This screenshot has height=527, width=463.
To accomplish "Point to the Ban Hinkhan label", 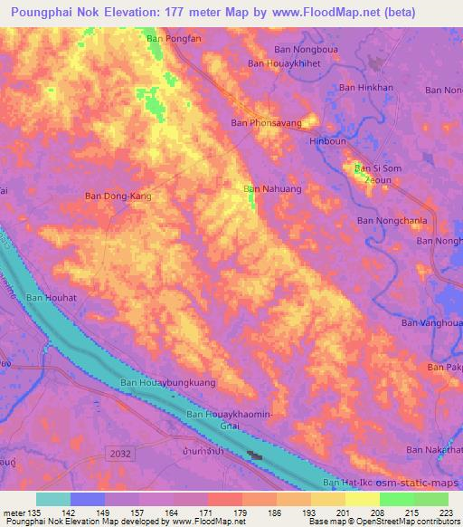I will click(x=366, y=88).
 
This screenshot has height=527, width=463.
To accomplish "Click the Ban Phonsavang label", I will click(x=266, y=122).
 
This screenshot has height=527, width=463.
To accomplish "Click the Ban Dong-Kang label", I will click(x=118, y=196).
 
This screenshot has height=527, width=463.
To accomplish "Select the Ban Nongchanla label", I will click(x=392, y=220).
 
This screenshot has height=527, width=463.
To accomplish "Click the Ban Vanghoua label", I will click(x=431, y=323).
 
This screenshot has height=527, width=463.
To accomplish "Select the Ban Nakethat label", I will click(x=434, y=450).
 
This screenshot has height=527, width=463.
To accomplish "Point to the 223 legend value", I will click(x=445, y=513).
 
